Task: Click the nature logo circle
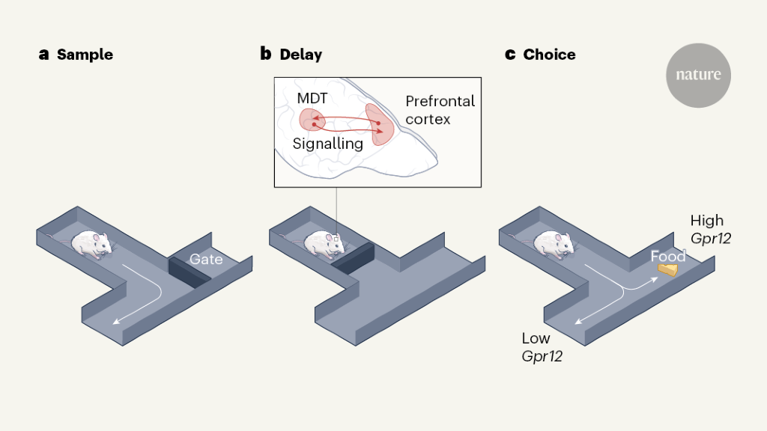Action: [698, 76]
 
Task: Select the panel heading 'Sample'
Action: [85, 55]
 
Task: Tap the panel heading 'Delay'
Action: [300, 55]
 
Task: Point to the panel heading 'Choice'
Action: [549, 55]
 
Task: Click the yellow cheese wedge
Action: [667, 269]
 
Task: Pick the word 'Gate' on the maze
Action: [206, 259]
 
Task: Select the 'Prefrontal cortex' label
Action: [440, 109]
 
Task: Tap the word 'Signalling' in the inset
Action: [328, 143]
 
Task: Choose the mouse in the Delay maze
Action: [323, 244]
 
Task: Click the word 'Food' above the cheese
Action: [667, 257]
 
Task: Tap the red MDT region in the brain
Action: [309, 120]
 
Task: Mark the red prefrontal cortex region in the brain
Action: [379, 123]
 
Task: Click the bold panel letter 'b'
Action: [266, 55]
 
